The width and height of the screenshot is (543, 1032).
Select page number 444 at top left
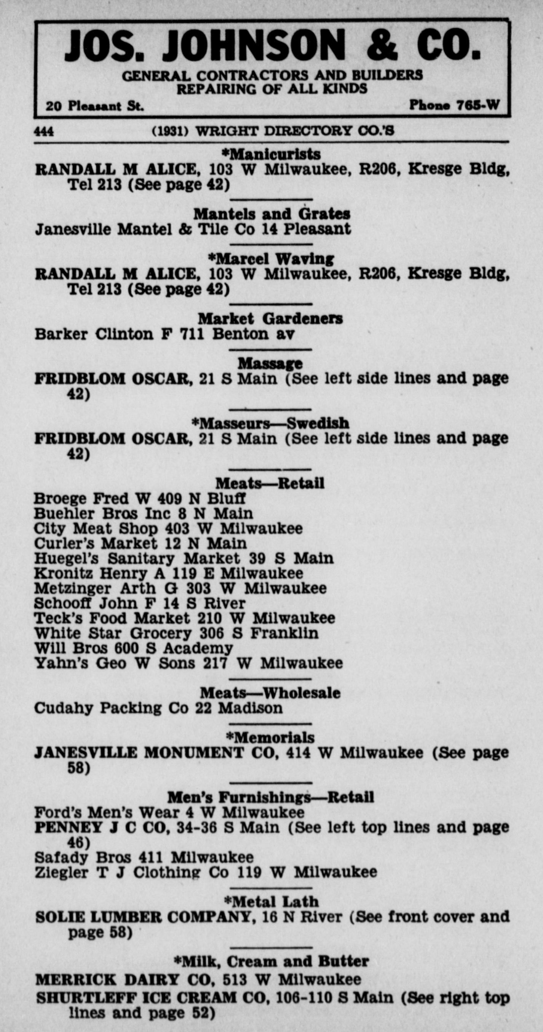pyautogui.click(x=44, y=131)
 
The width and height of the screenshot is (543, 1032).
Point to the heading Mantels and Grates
pyautogui.click(x=271, y=214)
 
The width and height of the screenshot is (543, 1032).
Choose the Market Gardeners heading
pyautogui.click(x=270, y=319)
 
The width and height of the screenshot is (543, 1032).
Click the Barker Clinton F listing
pyautogui.click(x=164, y=334)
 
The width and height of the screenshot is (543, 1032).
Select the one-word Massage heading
pyautogui.click(x=270, y=364)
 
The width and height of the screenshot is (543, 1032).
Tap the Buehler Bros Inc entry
pyautogui.click(x=143, y=514)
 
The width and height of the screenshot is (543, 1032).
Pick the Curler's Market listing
pyautogui.click(x=140, y=544)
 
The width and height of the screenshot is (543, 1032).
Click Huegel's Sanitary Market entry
pyautogui.click(x=184, y=558)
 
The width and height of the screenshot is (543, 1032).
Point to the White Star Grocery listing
pyautogui.click(x=176, y=634)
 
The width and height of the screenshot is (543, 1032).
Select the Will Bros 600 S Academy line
pyautogui.click(x=133, y=648)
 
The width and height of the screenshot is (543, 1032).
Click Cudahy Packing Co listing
pyautogui.click(x=158, y=708)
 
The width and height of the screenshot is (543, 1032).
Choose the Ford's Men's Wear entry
pyautogui.click(x=169, y=813)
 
